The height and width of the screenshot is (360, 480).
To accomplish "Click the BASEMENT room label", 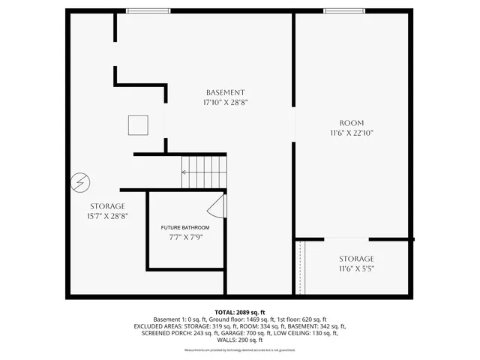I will [226, 92].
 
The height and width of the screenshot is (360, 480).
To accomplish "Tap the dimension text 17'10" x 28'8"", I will [226, 102].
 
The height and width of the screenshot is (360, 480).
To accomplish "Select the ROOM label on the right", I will [351, 123].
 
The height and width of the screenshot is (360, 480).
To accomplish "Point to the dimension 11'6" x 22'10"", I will [351, 133].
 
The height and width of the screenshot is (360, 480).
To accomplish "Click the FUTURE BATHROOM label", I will [185, 227].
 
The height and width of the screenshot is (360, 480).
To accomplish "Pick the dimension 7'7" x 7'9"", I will [185, 237].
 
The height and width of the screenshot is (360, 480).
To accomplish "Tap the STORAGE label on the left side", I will [108, 205].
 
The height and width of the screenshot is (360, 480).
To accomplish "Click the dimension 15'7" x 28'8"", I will [108, 215].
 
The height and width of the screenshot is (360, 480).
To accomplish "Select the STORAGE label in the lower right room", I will [355, 259].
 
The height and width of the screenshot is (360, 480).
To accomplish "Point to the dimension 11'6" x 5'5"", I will [355, 268].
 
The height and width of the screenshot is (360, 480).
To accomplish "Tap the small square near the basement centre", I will [138, 124].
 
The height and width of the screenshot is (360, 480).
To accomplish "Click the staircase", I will [203, 172].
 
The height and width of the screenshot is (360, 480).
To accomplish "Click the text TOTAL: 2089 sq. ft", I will [239, 312].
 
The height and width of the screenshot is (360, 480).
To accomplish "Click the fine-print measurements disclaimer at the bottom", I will [239, 350].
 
